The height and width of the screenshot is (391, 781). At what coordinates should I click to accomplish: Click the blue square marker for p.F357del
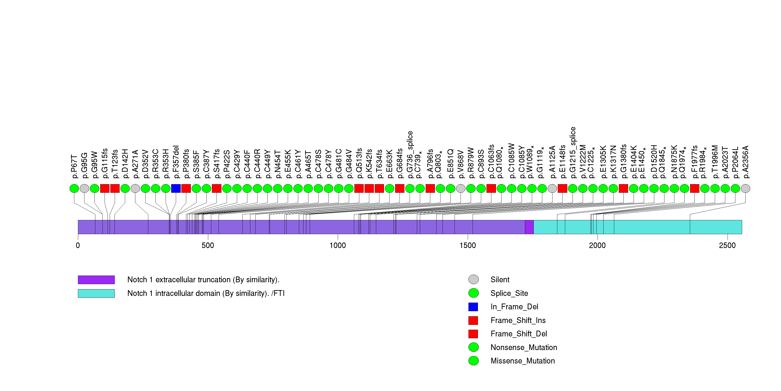176,189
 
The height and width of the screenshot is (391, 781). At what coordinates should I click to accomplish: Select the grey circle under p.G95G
84,189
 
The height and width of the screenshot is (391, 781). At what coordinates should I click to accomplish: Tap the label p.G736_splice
410,155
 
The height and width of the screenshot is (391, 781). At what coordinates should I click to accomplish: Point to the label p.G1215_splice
572,152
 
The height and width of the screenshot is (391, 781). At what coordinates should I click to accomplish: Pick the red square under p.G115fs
105,189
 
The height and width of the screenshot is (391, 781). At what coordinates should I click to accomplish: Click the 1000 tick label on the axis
338,245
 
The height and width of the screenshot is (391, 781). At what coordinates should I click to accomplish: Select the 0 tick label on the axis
78,245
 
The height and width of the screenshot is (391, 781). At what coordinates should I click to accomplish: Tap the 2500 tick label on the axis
727,245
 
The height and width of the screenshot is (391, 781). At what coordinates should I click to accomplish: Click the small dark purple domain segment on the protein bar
529,227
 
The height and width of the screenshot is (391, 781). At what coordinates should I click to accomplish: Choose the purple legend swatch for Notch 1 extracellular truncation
96,280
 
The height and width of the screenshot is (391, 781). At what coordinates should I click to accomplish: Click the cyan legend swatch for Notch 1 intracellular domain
96,293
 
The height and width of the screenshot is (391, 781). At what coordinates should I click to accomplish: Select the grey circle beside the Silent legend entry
473,279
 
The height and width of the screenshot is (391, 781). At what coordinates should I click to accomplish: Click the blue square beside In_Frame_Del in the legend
473,307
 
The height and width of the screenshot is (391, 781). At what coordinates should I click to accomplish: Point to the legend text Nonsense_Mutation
524,347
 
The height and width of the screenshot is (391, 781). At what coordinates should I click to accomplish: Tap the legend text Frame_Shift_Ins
518,320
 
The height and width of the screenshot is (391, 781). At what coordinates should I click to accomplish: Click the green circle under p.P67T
74,189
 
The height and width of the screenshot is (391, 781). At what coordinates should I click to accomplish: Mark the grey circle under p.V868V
461,189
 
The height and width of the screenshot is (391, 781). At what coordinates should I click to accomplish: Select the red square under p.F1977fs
694,189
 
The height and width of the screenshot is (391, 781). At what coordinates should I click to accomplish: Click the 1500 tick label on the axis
468,245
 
